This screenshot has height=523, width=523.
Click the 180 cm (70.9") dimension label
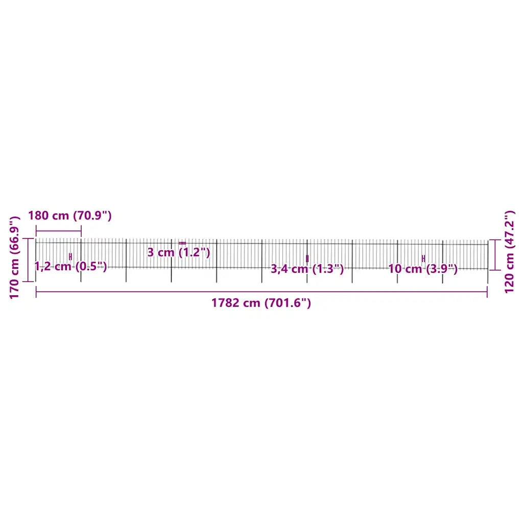(69, 216)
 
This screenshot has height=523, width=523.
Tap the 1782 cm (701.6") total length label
(261, 303)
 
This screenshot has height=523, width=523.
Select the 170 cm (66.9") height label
(15, 257)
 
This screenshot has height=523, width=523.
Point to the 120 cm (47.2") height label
(509, 252)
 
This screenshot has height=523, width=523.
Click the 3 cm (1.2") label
(179, 252)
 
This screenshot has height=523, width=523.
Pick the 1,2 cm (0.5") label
(70, 266)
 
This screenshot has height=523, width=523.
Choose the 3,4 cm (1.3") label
(307, 269)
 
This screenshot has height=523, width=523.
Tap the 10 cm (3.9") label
(423, 269)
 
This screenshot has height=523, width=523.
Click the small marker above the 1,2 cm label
(70, 256)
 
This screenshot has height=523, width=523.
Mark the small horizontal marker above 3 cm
(182, 243)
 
